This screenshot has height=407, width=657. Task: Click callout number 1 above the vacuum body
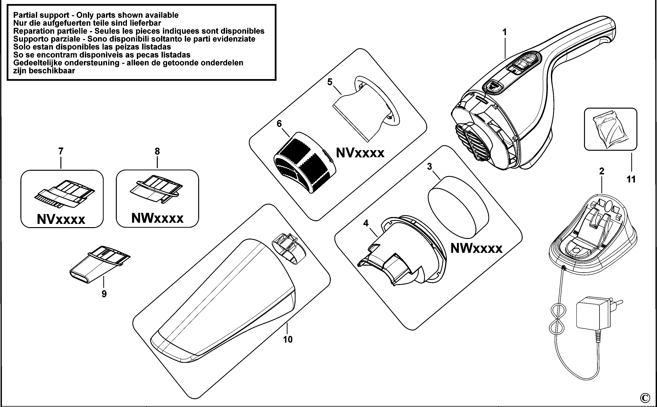[x=505, y=33]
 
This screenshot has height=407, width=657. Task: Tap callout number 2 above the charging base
[x=602, y=171]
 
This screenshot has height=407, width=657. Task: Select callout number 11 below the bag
[x=631, y=179]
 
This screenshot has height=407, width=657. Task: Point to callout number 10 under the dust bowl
[x=288, y=339]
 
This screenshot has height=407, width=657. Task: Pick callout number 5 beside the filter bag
[x=330, y=82]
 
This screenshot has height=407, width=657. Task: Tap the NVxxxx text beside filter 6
[x=360, y=153]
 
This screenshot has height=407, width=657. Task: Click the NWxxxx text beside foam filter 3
[x=476, y=248]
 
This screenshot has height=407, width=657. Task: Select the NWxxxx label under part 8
[x=157, y=218]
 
